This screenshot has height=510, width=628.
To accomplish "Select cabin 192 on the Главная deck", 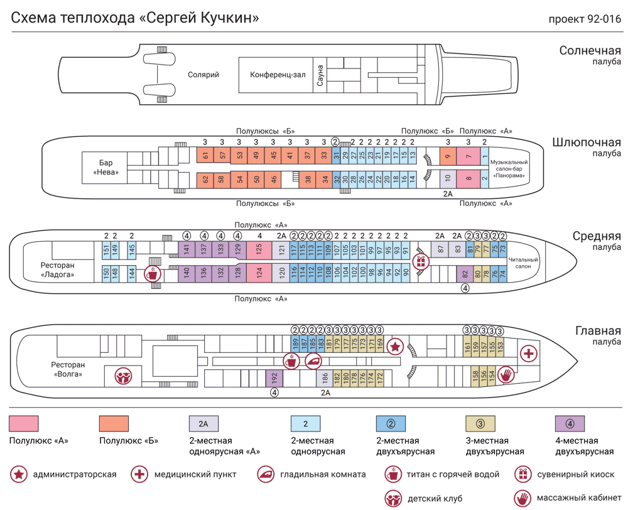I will tap(274, 378).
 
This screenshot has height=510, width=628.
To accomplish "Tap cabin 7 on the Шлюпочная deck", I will tap(468, 156).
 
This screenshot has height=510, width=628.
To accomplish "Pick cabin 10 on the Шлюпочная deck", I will tap(448, 179).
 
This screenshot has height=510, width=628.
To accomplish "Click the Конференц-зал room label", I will tap(278, 75).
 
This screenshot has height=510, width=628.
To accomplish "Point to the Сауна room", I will tap(320, 75).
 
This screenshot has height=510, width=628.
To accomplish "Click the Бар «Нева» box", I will tap(106, 167).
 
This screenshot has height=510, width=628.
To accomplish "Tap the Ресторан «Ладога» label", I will tap(58, 269).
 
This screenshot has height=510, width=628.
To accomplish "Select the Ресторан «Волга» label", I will tap(68, 369).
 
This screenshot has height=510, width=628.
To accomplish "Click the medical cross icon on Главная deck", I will tap(529, 354).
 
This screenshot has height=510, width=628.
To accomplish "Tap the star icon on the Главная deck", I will tap(395, 346).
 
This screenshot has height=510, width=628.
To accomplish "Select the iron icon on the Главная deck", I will tap(313, 361).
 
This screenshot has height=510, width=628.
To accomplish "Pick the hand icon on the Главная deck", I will tap(507, 375).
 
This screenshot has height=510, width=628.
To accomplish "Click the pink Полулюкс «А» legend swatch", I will tap(24, 423).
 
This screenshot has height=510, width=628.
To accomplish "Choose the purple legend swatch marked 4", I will tap(570, 423).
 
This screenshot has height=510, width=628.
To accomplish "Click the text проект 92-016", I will tap(585, 19).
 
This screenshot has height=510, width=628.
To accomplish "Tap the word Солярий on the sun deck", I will tap(203, 75).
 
